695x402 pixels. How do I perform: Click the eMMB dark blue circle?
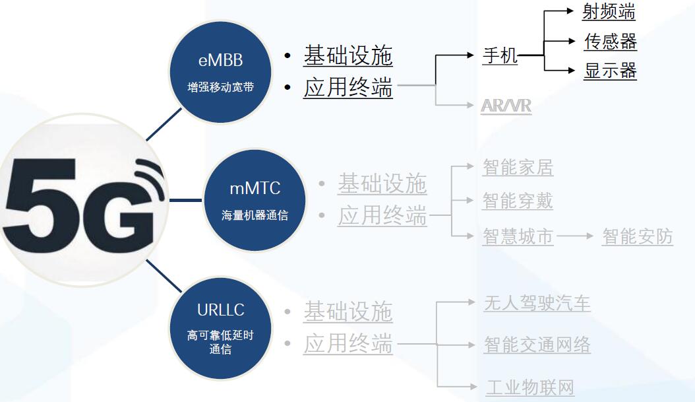tap(220, 72)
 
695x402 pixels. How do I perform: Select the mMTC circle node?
tap(255, 199)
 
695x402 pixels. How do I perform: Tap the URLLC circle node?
tap(220, 327)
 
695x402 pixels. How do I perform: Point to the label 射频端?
tap(608, 11)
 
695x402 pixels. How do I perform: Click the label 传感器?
tap(610, 42)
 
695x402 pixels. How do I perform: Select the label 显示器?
tap(610, 71)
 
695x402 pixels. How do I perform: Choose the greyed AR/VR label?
tap(506, 106)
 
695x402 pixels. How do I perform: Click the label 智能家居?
tap(518, 168)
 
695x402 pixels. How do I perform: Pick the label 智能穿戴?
tap(518, 201)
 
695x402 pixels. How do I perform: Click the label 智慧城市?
tap(518, 236)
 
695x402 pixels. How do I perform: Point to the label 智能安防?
tap(637, 236)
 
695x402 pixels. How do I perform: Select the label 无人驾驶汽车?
tap(537, 303)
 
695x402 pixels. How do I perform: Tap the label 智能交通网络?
tap(537, 344)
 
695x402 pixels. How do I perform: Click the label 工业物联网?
tap(529, 387)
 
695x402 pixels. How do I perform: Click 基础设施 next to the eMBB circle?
tap(347, 56)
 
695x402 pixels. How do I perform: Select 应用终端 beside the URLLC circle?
tap(347, 344)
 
